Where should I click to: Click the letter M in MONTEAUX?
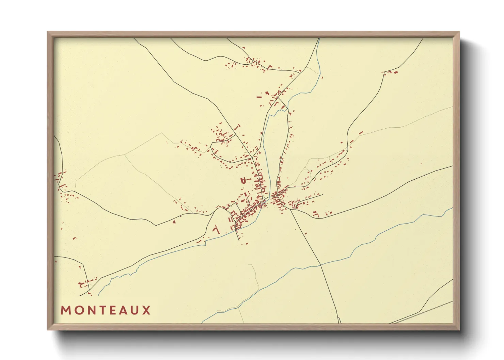[65, 310]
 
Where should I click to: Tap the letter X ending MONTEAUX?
[147, 310]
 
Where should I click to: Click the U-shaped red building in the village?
[243, 181]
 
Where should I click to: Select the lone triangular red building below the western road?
[174, 222]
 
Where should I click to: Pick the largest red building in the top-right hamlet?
[396, 72]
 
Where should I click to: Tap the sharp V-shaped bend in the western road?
[156, 225]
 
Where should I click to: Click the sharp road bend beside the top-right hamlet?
[384, 73]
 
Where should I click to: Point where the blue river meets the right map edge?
[453, 208]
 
